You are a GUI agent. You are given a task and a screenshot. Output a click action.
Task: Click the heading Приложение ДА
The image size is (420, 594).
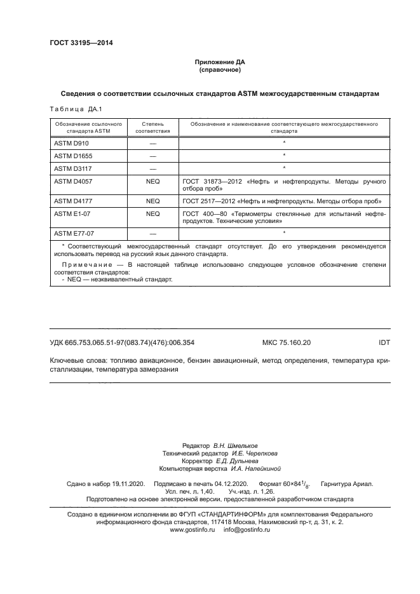click(219, 63)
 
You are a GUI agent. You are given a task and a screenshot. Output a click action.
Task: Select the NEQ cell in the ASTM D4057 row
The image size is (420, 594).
click(152, 181)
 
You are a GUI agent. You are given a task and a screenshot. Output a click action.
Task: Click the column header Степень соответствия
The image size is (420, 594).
click(152, 128)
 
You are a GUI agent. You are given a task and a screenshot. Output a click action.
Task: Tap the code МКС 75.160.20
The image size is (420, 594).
click(287, 342)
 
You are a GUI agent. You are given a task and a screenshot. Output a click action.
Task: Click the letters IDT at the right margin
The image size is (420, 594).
click(384, 342)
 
